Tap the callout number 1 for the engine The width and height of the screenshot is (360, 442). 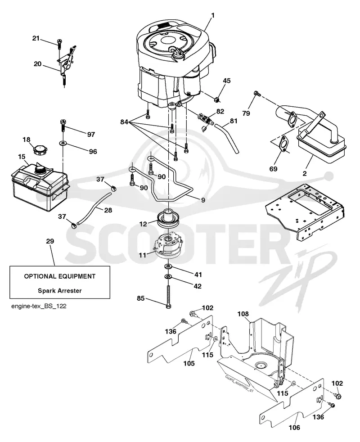(213, 15)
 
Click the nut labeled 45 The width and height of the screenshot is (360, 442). (217, 99)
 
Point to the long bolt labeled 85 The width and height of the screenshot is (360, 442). (168, 297)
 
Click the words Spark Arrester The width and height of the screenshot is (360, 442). (60, 291)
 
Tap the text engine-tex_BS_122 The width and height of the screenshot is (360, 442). (39, 306)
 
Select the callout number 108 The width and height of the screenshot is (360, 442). (243, 314)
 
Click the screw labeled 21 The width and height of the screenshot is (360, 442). (59, 43)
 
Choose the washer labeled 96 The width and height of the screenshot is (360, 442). (62, 144)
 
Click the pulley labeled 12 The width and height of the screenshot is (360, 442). (168, 218)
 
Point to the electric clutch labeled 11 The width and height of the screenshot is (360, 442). (168, 248)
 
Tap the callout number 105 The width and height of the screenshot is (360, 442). (189, 363)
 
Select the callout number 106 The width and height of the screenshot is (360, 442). (294, 428)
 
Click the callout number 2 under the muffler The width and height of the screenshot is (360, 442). (305, 173)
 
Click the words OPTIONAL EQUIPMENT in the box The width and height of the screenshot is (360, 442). (60, 276)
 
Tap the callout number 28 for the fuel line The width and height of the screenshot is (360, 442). (108, 210)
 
